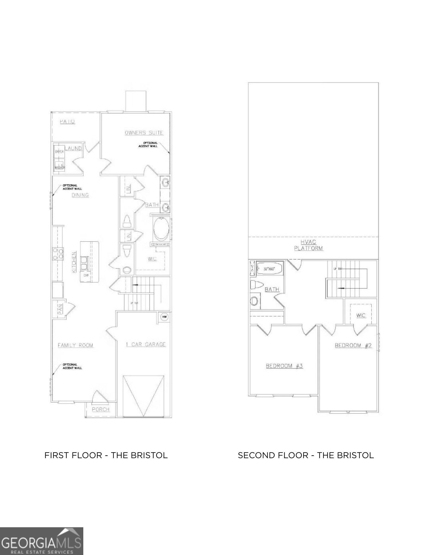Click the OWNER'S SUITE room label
pyautogui.click(x=144, y=133)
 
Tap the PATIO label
pyautogui.click(x=67, y=121)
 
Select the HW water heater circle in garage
pyautogui.click(x=164, y=317)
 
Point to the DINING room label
pyautogui.click(x=80, y=195)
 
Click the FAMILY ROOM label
pyautogui.click(x=75, y=345)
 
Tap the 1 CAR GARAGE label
pyautogui.click(x=146, y=344)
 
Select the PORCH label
pyautogui.click(x=101, y=409)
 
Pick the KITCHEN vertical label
pyautogui.click(x=74, y=262)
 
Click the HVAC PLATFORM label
pyautogui.click(x=308, y=245)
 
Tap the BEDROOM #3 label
pyautogui.click(x=284, y=366)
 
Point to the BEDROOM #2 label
pyautogui.click(x=353, y=345)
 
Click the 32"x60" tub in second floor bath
pyautogui.click(x=269, y=268)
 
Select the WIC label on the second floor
pyautogui.click(x=361, y=316)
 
